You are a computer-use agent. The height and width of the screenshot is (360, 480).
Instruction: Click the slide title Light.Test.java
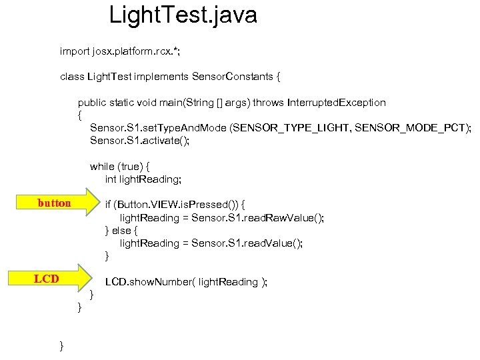(x=183, y=15)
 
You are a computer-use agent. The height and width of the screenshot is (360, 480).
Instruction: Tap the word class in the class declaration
(x=72, y=77)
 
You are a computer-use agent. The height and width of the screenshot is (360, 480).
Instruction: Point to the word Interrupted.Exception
(x=336, y=103)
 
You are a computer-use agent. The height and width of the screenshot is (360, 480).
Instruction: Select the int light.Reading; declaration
(x=143, y=179)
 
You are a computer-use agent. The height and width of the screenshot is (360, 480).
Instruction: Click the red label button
(x=54, y=203)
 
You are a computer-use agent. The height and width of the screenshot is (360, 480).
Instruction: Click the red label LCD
(x=47, y=279)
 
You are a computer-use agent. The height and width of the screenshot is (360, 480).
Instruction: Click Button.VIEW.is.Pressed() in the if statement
(x=181, y=205)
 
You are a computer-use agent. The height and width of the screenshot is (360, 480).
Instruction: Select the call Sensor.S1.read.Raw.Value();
(x=257, y=217)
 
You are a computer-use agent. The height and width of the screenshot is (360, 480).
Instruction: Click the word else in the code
(x=121, y=230)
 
